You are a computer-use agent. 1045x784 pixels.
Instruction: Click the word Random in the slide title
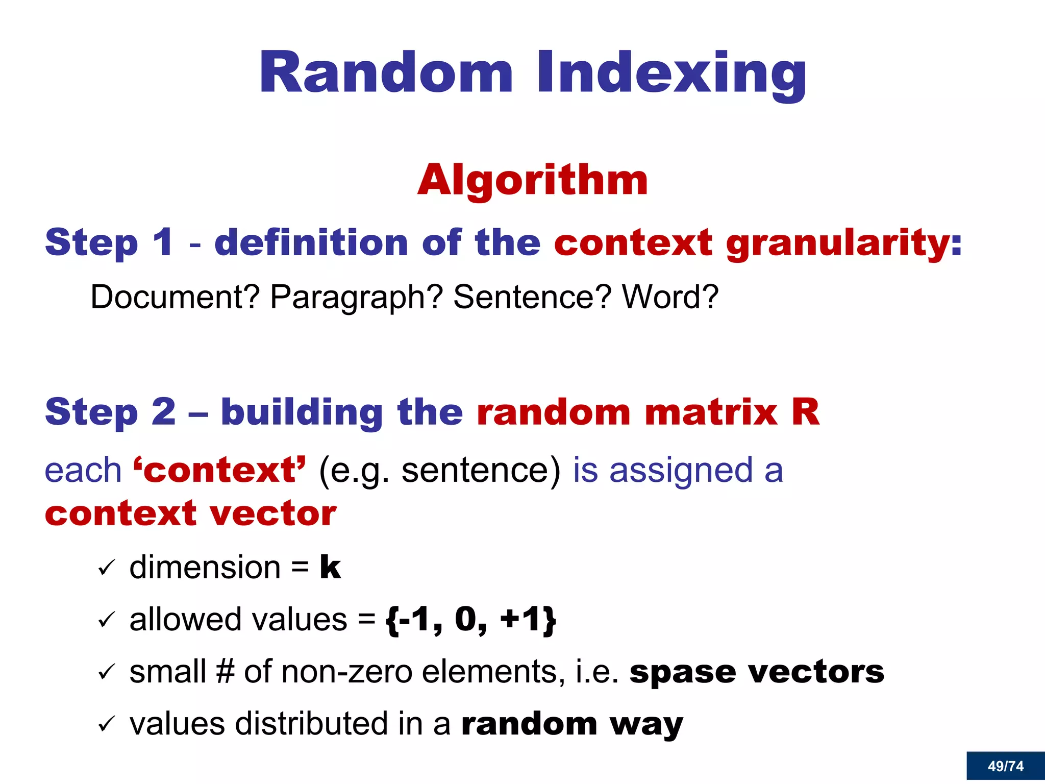(x=386, y=72)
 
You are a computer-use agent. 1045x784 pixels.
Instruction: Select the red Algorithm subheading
(x=532, y=180)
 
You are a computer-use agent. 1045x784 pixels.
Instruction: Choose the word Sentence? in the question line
(x=532, y=297)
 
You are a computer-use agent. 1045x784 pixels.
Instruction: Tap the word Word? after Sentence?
(x=670, y=297)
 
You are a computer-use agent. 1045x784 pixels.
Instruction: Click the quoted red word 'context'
(x=220, y=470)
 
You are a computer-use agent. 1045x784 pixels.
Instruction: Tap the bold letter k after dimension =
(x=330, y=568)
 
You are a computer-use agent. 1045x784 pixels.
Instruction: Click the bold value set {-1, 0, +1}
(x=470, y=620)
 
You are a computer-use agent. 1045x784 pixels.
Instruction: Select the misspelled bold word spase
(x=683, y=672)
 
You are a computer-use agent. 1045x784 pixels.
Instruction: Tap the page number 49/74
(x=1005, y=766)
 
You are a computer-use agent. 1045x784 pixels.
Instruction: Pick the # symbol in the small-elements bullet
(x=225, y=672)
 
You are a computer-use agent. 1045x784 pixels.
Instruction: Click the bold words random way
(x=571, y=724)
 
